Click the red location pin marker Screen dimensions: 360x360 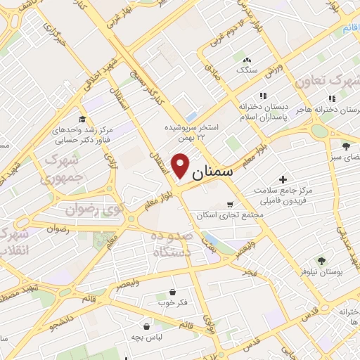(181, 166)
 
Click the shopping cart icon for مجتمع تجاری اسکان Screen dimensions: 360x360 (230, 204)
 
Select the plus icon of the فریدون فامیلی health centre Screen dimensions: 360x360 (283, 180)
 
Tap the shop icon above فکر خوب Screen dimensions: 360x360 (172, 292)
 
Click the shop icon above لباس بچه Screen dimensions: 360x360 (146, 326)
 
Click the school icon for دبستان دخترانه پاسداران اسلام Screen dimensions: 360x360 (264, 96)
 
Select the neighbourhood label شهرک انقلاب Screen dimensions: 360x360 (14, 243)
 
